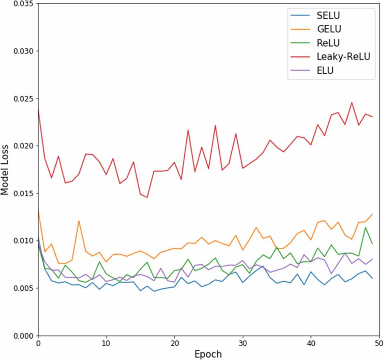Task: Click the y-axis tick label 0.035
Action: pyautogui.click(x=19, y=4)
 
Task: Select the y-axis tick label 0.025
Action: pyautogui.click(x=19, y=99)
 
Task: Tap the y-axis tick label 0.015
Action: pyautogui.click(x=19, y=193)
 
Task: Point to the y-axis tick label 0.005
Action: pyautogui.click(x=19, y=288)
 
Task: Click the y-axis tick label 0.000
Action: pyautogui.click(x=19, y=336)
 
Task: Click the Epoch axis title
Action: pyautogui.click(x=208, y=354)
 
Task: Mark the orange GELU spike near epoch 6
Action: pyautogui.click(x=79, y=221)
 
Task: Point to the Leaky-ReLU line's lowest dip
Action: pyautogui.click(x=147, y=198)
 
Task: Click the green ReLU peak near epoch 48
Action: pyautogui.click(x=365, y=227)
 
